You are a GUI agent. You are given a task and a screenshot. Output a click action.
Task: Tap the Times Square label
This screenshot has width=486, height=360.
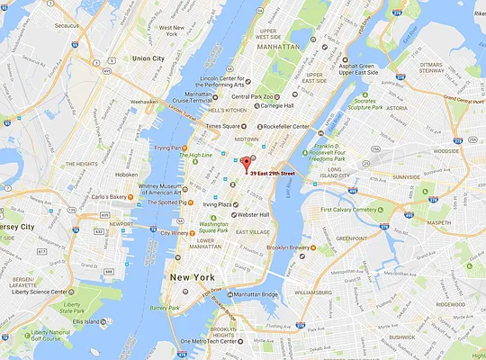[225, 127]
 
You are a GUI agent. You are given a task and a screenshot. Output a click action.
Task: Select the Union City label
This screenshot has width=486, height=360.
[148, 59]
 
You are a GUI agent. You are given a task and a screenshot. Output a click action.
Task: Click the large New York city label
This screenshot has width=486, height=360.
[193, 277]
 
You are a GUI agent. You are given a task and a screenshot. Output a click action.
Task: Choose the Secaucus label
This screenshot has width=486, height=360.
[67, 26]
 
